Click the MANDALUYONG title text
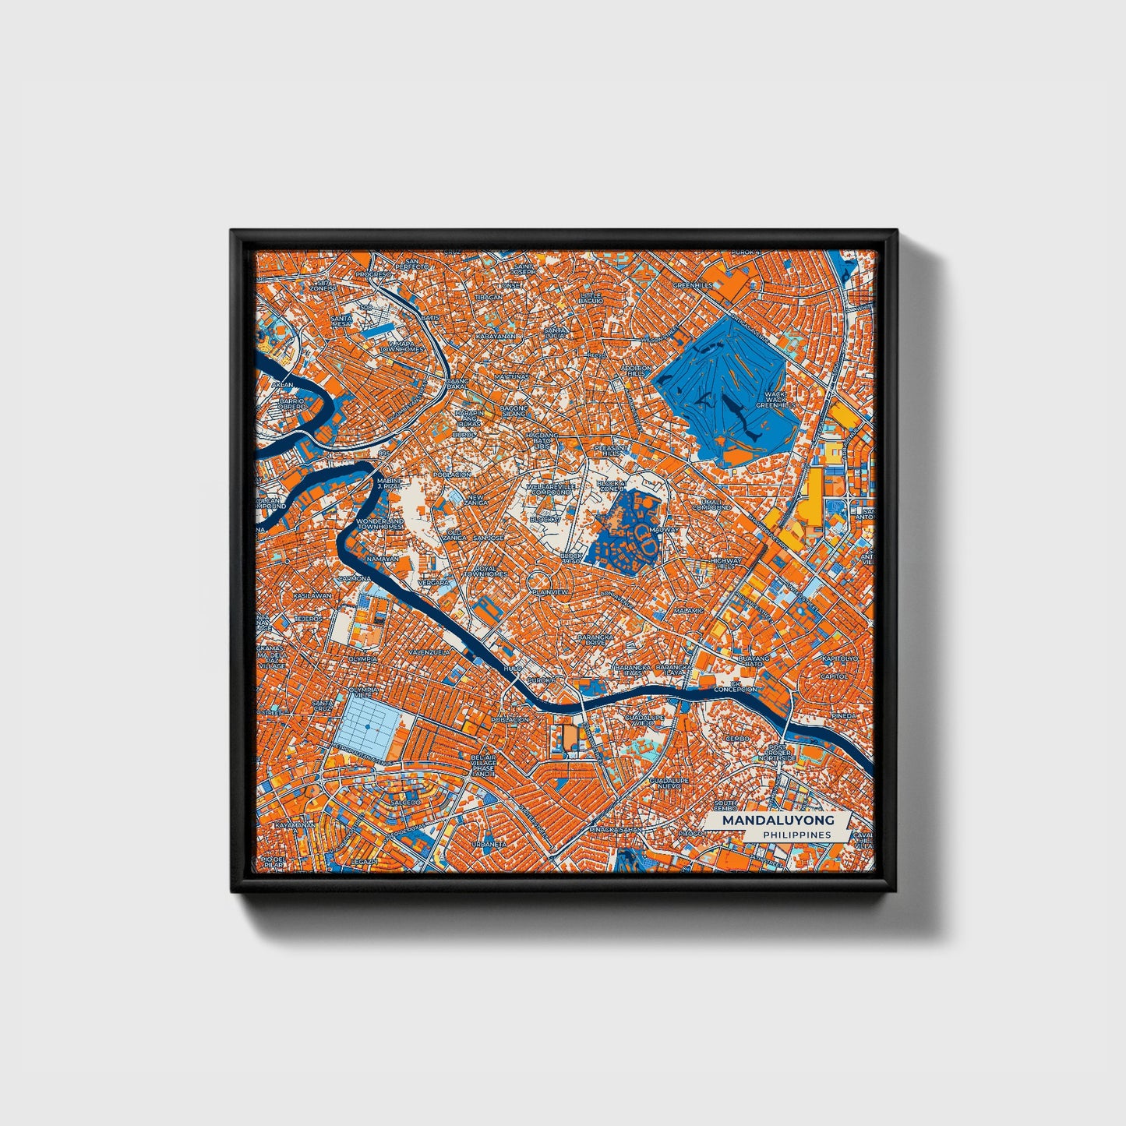778,821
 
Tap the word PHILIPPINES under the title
796,835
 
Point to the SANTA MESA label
341,323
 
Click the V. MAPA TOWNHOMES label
401,346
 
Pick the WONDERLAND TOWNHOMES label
379,524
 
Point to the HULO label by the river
512,668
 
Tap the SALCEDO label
405,802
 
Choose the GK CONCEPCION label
735,687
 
